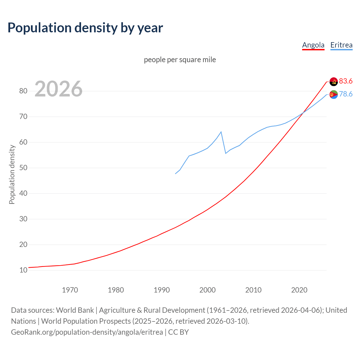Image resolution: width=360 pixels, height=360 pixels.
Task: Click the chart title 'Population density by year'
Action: pos(85,28)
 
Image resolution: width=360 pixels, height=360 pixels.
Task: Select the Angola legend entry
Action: pos(313,45)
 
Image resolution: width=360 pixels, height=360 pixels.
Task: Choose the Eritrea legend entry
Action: pos(341,45)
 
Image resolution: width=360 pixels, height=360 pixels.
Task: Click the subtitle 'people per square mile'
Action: pos(180,60)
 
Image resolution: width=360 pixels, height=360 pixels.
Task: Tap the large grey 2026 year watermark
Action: pos(58,89)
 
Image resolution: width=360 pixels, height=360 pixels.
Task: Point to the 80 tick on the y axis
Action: pos(23,91)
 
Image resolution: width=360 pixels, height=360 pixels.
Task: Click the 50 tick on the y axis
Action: pos(23,168)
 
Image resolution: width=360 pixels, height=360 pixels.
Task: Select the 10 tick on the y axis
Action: pos(23,270)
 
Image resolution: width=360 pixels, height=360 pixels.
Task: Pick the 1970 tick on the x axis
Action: pos(70,290)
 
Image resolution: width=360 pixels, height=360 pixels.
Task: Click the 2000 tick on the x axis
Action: pos(207,290)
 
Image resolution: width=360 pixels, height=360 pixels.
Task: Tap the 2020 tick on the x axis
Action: pos(299,290)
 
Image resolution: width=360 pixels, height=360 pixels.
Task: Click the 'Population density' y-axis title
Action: pos(12,174)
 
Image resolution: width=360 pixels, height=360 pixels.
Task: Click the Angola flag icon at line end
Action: pos(334,82)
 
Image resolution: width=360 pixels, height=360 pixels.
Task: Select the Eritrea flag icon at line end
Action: pos(334,95)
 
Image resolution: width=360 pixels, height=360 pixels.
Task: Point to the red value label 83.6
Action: pos(346,81)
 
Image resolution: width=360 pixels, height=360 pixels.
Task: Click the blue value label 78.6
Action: pos(346,94)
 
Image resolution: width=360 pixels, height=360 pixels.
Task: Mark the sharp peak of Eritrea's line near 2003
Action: pos(221,132)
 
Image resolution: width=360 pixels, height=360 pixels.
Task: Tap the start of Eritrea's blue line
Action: pos(175,174)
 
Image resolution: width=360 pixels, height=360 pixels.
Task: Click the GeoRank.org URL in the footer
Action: pos(87,332)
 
